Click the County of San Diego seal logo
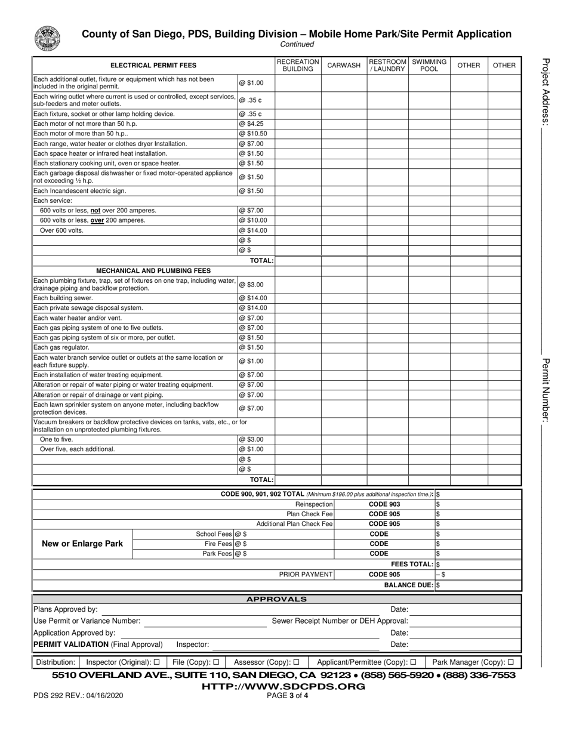pyautogui.click(x=47, y=39)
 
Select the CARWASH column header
pyautogui.click(x=344, y=66)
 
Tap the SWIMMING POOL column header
pyautogui.click(x=429, y=66)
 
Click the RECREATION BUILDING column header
pyautogui.click(x=298, y=66)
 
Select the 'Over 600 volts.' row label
pyautogui.click(x=62, y=230)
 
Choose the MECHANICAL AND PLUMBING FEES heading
pyautogui.click(x=153, y=270)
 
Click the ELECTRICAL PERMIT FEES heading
pyautogui.click(x=153, y=66)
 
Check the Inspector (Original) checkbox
pyautogui.click(x=156, y=662)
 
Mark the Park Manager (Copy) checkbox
pyautogui.click(x=510, y=662)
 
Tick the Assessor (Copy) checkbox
pyautogui.click(x=296, y=662)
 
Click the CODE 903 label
pyautogui.click(x=384, y=504)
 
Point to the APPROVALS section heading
pyautogui.click(x=277, y=599)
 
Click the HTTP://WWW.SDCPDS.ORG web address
pyautogui.click(x=283, y=686)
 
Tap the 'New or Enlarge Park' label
pyautogui.click(x=82, y=544)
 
